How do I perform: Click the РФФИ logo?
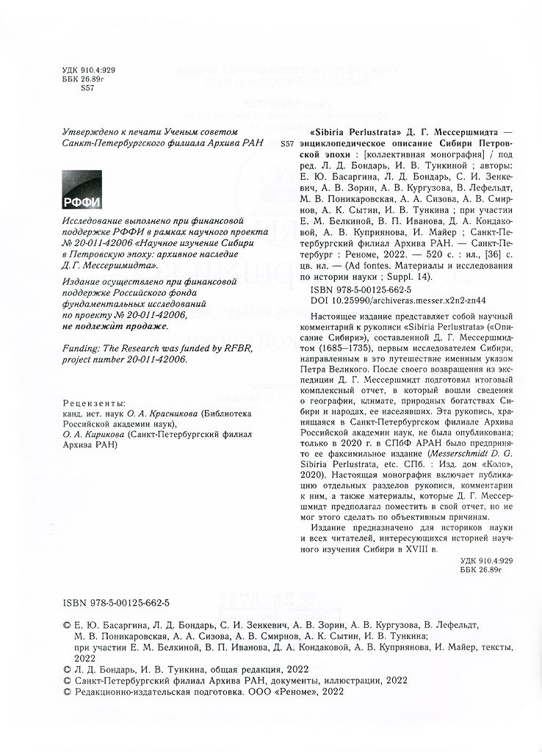click(82, 190)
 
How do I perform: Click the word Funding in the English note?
click(81, 350)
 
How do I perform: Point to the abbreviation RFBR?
click(234, 350)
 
